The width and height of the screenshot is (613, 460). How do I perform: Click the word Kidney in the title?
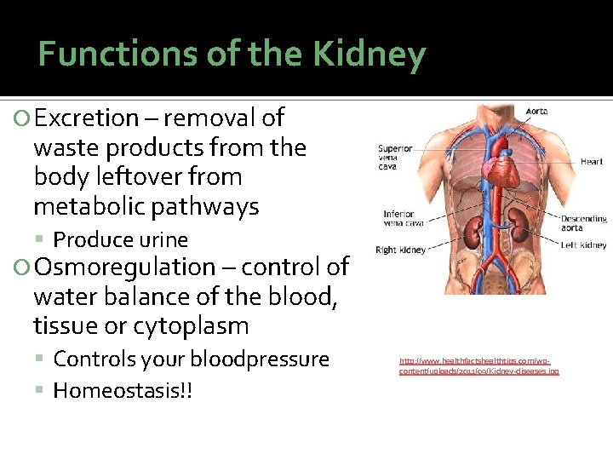pos(368,55)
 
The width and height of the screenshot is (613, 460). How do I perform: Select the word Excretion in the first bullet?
pos(86,118)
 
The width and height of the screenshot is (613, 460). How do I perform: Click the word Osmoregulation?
pos(125,267)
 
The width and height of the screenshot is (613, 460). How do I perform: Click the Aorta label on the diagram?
pos(536,112)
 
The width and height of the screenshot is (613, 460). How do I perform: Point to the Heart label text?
pos(592,161)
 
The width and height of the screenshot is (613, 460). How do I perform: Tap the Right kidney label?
pos(401,250)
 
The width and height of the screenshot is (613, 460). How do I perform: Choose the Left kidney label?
pos(583,245)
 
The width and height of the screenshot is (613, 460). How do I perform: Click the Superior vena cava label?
pos(395,158)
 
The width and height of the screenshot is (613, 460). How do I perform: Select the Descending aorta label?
pos(583,223)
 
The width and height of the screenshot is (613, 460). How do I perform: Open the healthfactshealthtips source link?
pos(478,366)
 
